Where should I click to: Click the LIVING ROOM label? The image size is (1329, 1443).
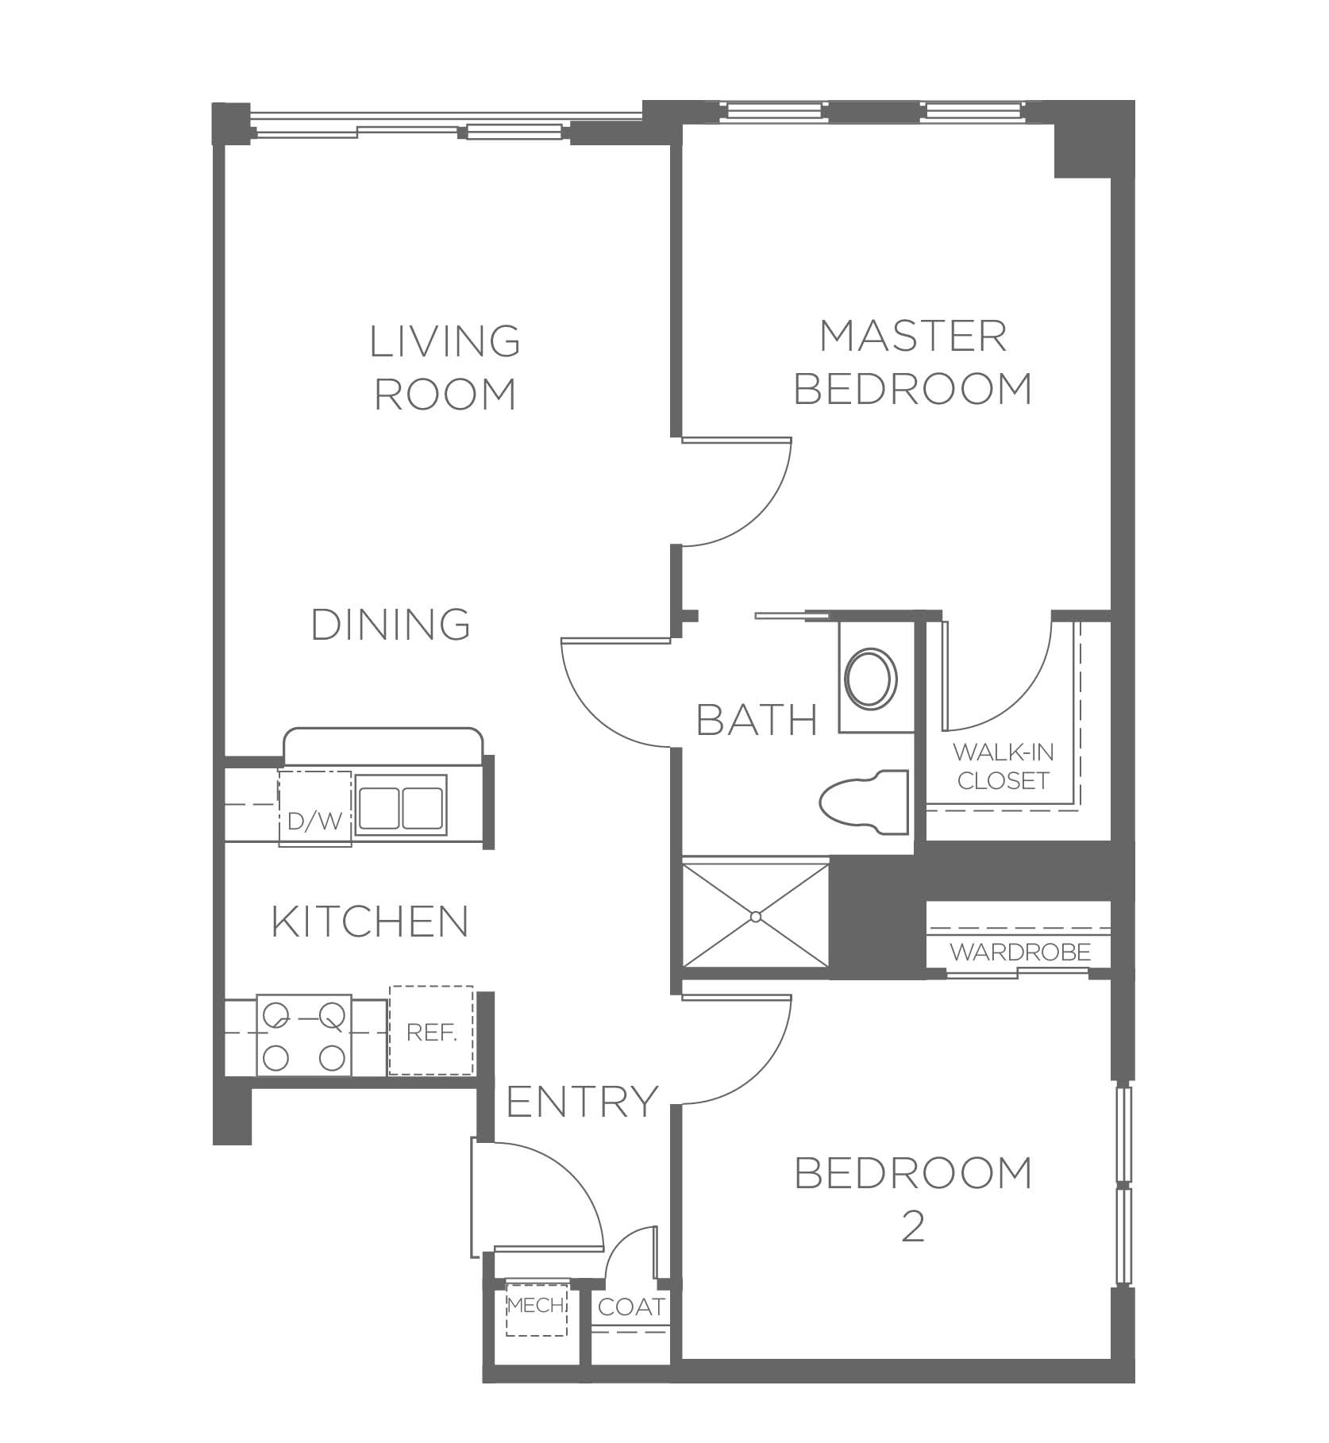[445, 367]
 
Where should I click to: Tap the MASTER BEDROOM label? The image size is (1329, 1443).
[913, 362]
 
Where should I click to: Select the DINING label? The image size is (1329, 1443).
[390, 624]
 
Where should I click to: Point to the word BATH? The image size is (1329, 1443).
[757, 720]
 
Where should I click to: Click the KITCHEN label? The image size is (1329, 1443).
[370, 922]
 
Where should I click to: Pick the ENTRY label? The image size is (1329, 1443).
[583, 1101]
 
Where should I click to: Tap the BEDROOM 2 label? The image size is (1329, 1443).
[913, 1199]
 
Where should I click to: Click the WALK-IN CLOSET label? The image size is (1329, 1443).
[1003, 766]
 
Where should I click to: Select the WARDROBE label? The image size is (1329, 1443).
[1020, 952]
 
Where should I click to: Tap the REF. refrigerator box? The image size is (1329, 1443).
[431, 1031]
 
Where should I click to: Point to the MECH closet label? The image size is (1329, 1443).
[535, 1304]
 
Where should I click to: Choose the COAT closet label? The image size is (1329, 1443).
[631, 1306]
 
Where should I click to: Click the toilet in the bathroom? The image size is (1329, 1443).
[863, 802]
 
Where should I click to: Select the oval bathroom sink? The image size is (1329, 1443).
[871, 678]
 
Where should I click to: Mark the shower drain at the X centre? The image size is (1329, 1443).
[756, 917]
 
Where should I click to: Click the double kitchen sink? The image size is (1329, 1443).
[401, 805]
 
